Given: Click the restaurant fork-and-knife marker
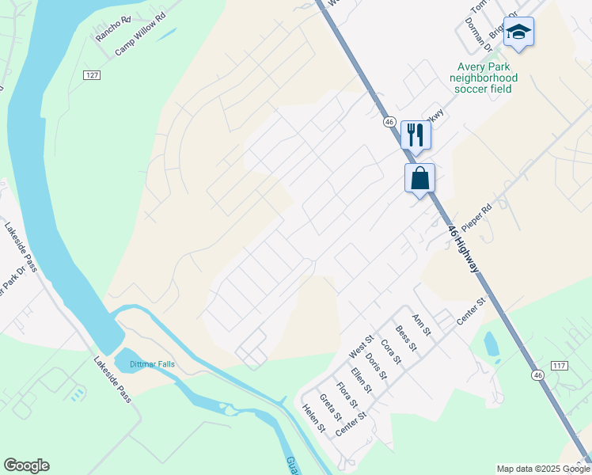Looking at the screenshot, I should pyautogui.click(x=415, y=134).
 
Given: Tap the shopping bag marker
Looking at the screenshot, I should pyautogui.click(x=419, y=177).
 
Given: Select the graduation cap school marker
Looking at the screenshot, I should pyautogui.click(x=518, y=32).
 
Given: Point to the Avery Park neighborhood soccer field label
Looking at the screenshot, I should pyautogui.click(x=483, y=78).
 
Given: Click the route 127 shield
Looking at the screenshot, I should pyautogui.click(x=92, y=74).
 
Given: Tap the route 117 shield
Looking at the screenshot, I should pyautogui.click(x=560, y=366).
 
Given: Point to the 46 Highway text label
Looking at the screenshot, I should pyautogui.click(x=463, y=249).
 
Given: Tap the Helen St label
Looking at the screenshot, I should pyautogui.click(x=314, y=417).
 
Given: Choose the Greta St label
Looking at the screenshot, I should pyautogui.click(x=330, y=407).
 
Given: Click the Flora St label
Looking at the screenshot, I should pyautogui.click(x=346, y=395).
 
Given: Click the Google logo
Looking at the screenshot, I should pyautogui.click(x=26, y=465).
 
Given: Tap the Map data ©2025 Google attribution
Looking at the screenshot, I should pyautogui.click(x=543, y=469).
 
